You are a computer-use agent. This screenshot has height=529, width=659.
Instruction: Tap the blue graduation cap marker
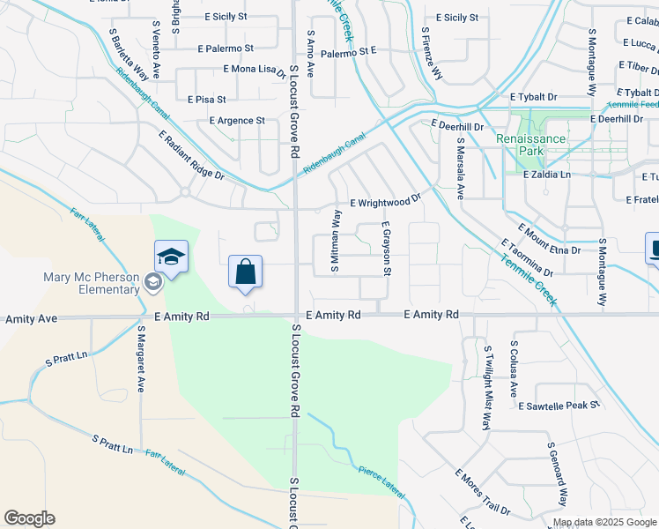coord(171,257)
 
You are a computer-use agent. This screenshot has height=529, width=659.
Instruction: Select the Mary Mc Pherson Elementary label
coord(92,283)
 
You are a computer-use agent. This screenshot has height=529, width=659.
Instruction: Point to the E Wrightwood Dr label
coord(386,202)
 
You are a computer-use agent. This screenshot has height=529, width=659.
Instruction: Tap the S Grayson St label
coord(386,248)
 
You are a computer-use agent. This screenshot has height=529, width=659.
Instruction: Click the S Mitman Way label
coord(336,241)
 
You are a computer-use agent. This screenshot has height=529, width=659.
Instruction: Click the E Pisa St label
coord(207,100)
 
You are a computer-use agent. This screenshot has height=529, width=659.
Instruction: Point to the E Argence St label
coord(237,121)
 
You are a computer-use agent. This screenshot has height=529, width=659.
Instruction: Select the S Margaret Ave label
coord(140,361)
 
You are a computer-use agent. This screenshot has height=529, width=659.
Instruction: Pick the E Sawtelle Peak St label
coord(559,406)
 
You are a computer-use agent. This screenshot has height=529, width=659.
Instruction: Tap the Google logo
coord(29,518)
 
